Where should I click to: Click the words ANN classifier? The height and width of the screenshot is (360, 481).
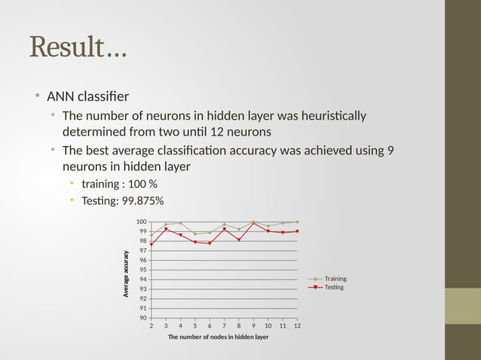[x=87, y=96]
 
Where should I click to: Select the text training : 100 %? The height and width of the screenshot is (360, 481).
[x=119, y=184]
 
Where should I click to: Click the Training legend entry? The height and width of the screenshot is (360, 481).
[x=335, y=279]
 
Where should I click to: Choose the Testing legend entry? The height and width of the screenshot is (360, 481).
[x=333, y=287]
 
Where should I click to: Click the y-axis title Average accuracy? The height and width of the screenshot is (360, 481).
[x=127, y=273]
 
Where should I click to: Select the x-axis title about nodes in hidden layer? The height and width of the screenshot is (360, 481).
[x=218, y=337]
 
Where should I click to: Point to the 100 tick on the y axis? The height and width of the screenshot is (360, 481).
[x=141, y=221]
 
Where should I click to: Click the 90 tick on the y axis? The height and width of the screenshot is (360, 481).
[x=141, y=318]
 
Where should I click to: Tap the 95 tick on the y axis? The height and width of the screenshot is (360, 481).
[x=141, y=270]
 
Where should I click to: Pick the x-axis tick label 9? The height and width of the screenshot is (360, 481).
[x=253, y=325]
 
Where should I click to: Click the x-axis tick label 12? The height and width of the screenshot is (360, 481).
[x=297, y=325]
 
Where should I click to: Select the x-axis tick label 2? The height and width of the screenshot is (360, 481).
[x=151, y=325]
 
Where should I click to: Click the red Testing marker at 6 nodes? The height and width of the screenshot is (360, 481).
[x=210, y=243]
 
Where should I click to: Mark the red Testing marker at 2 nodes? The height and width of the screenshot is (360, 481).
[x=151, y=244]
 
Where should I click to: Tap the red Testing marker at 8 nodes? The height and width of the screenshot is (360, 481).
[x=239, y=239]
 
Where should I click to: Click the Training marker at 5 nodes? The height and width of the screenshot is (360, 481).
[x=195, y=233]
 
